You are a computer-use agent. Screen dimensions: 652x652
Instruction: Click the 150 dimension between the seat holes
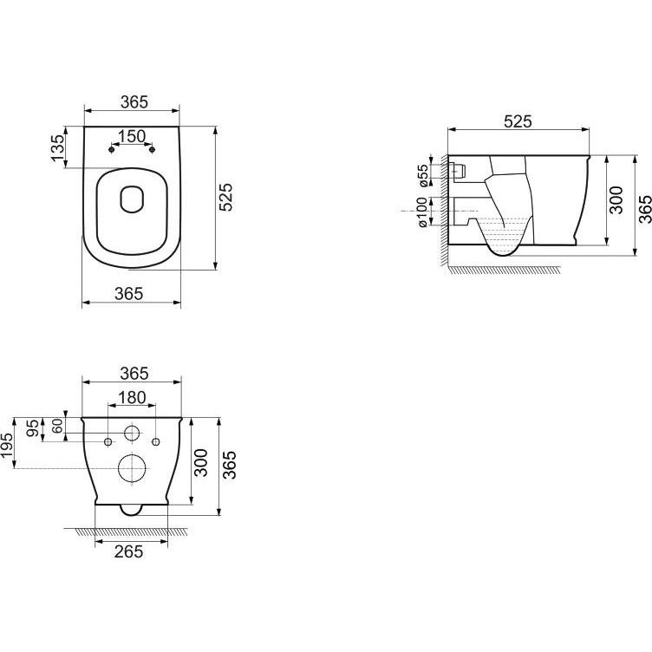[132, 136]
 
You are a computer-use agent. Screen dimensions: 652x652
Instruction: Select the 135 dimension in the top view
[58, 147]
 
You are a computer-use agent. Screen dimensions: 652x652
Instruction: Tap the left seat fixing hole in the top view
[111, 149]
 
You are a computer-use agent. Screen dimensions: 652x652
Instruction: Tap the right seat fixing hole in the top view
[152, 149]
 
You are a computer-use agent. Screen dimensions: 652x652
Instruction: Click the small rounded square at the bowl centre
[132, 199]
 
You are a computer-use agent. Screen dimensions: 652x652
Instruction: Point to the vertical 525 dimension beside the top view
[225, 197]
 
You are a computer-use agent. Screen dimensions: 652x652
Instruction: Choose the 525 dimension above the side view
[518, 121]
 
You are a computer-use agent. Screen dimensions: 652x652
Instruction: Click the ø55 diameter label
[422, 175]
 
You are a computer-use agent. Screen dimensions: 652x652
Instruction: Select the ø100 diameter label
[421, 212]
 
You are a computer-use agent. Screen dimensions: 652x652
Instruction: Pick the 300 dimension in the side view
[616, 200]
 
